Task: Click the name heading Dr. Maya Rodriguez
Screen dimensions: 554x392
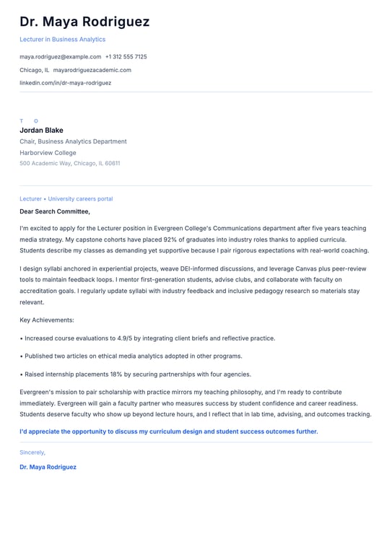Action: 84,22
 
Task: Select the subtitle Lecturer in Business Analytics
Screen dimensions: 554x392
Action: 62,40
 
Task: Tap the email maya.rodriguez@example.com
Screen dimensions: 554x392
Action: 60,56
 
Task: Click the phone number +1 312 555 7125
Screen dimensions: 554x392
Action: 126,56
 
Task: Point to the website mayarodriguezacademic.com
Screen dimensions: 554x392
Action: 92,70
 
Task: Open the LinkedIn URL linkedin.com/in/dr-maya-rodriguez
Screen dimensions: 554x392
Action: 65,83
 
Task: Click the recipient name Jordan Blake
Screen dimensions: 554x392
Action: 41,131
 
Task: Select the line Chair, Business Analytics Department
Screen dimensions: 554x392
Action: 73,141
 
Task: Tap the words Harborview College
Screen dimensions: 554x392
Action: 48,153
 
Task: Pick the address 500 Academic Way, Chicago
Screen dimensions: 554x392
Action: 69,164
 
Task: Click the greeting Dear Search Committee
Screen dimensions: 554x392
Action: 55,211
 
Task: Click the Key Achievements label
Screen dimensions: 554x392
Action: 47,320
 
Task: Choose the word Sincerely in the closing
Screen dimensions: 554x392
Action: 32,452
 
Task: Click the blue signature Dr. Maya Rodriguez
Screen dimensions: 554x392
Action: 48,467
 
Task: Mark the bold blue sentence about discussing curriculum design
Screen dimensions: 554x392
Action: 168,431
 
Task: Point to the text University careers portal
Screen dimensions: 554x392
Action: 80,198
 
